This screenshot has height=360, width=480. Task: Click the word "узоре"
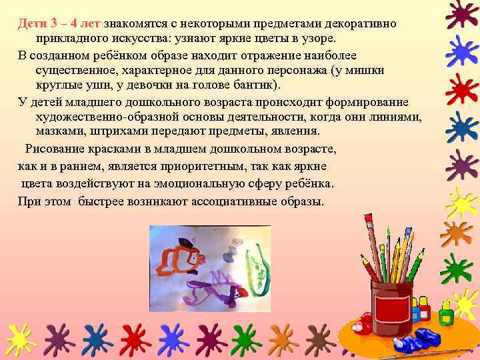322,39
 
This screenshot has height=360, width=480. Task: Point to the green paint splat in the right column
459,270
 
